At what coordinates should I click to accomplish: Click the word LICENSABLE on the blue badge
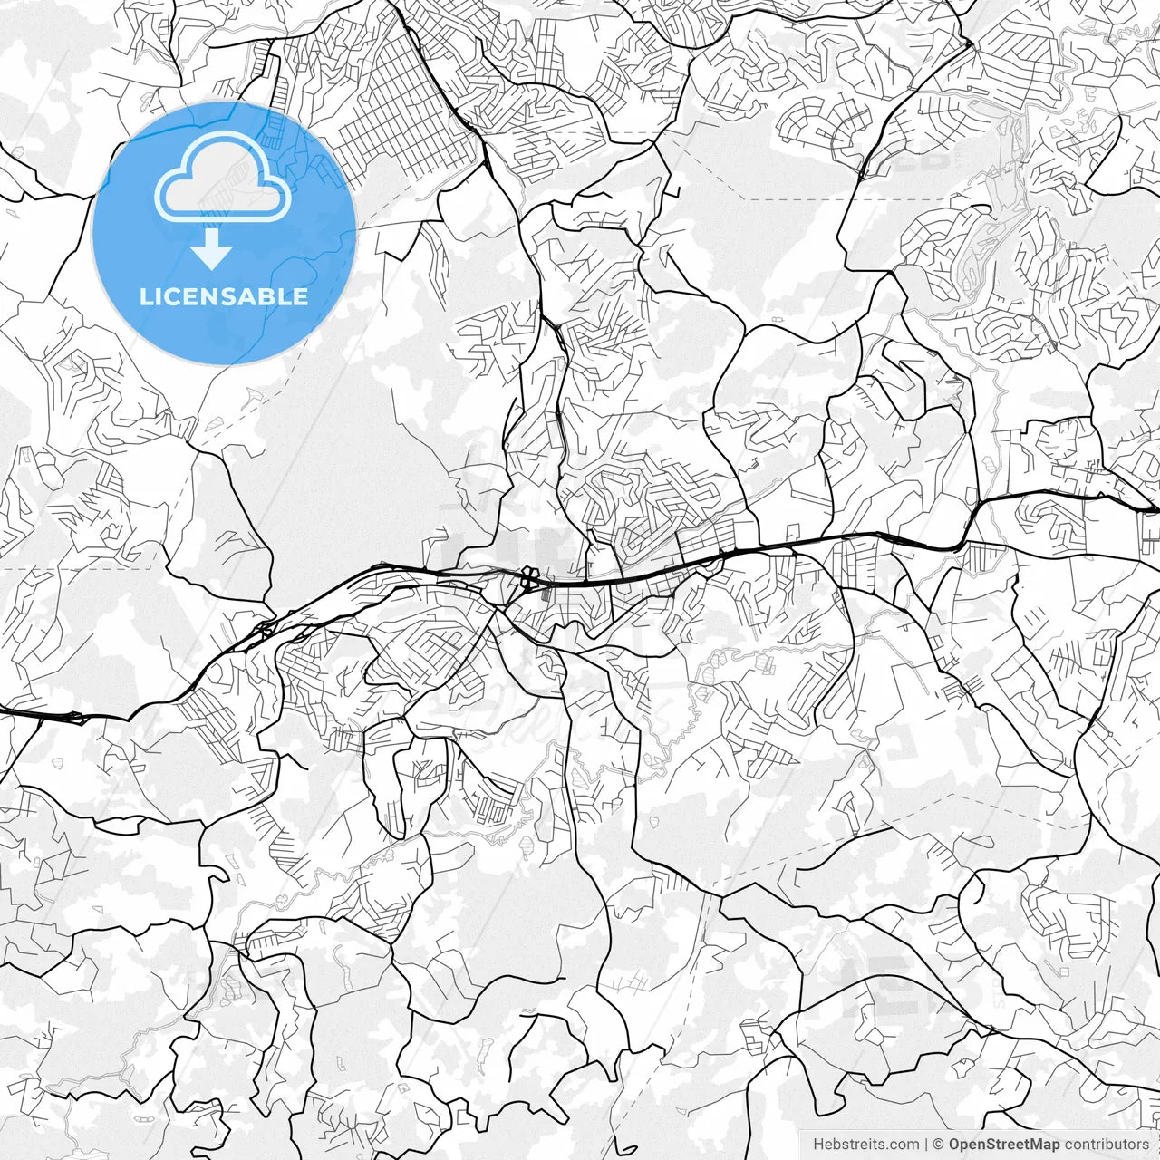224,297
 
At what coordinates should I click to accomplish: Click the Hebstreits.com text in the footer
865,1145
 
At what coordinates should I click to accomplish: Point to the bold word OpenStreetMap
1004,1145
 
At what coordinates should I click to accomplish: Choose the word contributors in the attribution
1107,1145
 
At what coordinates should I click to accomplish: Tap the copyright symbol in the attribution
939,1145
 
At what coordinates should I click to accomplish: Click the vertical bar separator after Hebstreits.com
926,1145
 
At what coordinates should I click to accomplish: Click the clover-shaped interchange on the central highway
527,576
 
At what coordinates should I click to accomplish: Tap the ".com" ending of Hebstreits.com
904,1145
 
